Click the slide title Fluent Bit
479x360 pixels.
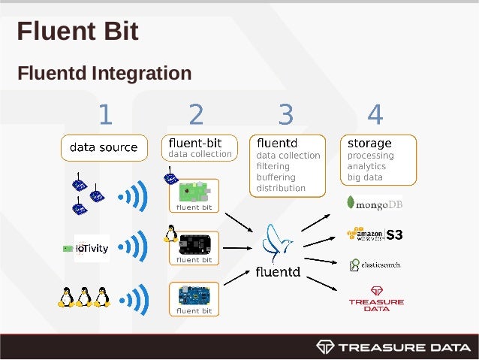click(77, 32)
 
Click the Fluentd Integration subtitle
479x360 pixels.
click(104, 74)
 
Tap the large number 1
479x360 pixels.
click(105, 115)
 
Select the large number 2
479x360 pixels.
click(196, 115)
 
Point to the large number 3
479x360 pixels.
click(285, 115)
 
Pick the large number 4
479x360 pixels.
click(375, 115)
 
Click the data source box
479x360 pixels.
click(104, 147)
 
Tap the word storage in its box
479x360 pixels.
click(369, 143)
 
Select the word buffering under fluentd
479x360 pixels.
click(276, 177)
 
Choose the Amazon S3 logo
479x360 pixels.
click(375, 234)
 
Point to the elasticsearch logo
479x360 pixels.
click(375, 265)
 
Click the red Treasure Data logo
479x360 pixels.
click(376, 298)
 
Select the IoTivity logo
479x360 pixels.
click(86, 247)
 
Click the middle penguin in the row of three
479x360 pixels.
click(84, 297)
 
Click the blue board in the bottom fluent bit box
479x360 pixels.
click(194, 294)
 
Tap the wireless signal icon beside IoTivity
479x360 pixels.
click(135, 247)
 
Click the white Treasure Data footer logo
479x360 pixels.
click(393, 346)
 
